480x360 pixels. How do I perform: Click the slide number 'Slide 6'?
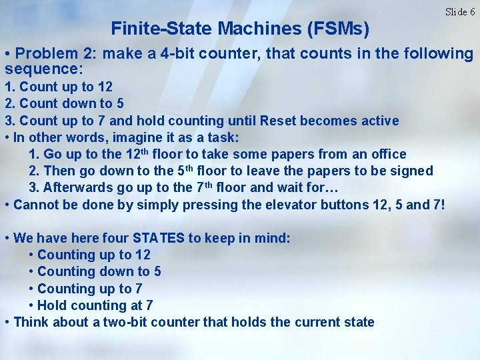460,11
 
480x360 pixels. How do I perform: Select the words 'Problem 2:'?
53,53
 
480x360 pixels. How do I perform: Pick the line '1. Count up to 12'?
59,87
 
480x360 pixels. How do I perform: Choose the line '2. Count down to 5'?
64,103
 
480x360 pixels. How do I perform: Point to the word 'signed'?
413,171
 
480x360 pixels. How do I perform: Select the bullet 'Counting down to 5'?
99,271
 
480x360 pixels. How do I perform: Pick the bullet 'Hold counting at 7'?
95,305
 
